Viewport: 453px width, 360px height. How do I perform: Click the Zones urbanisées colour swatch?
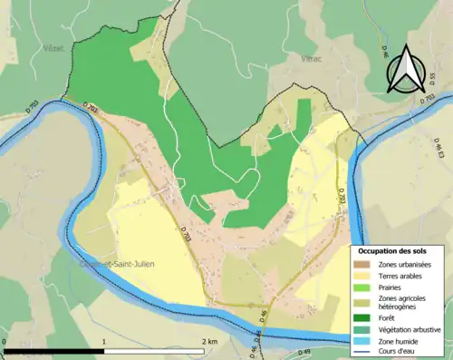click(x=365, y=264)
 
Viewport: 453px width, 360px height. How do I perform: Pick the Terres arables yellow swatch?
click(x=365, y=275)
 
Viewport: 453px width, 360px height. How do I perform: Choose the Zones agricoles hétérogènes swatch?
click(x=365, y=302)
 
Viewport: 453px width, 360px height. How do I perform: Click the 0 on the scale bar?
click(x=5, y=341)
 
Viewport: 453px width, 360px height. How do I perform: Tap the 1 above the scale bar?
click(x=105, y=341)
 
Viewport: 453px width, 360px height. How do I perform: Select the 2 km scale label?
click(x=209, y=341)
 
